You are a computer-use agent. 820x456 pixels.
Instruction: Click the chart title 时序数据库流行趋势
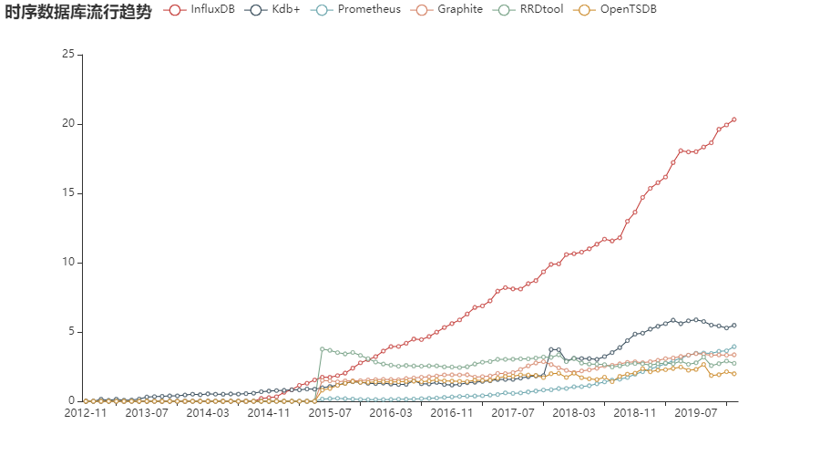[77, 11]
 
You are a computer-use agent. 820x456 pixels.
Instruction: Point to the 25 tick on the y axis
[67, 54]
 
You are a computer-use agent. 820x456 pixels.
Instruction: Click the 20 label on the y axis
[67, 123]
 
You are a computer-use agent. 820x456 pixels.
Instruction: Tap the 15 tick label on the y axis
[67, 192]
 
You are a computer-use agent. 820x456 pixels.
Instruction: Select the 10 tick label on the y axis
[67, 262]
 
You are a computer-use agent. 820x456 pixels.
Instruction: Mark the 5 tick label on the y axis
[70, 331]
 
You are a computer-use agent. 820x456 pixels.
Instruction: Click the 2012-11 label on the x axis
[85, 413]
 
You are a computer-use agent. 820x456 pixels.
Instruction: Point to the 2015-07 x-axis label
[329, 413]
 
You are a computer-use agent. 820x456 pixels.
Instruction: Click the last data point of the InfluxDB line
[734, 119]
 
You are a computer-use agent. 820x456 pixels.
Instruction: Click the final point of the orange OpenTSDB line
[734, 374]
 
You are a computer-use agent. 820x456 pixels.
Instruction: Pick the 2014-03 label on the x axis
[207, 413]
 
